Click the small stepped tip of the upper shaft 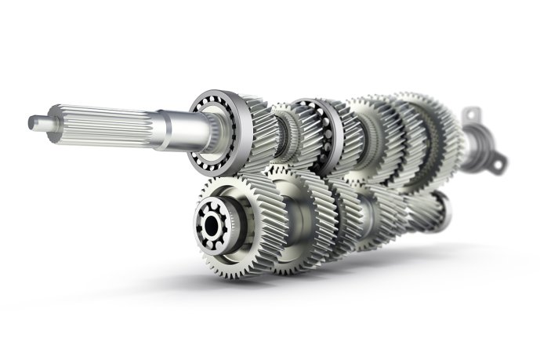pyautogui.click(x=36, y=121)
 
